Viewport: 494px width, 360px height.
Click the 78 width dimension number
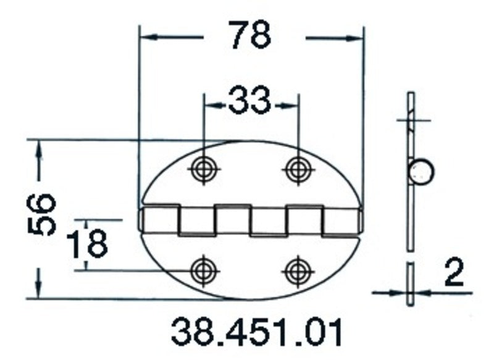tap(250, 35)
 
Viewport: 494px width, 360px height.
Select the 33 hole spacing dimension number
tap(249, 101)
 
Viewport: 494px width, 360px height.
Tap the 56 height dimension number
tap(43, 214)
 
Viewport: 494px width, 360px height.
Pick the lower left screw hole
tap(203, 269)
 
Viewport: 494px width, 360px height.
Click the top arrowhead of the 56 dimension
tap(40, 146)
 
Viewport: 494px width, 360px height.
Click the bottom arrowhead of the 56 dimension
tap(40, 293)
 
